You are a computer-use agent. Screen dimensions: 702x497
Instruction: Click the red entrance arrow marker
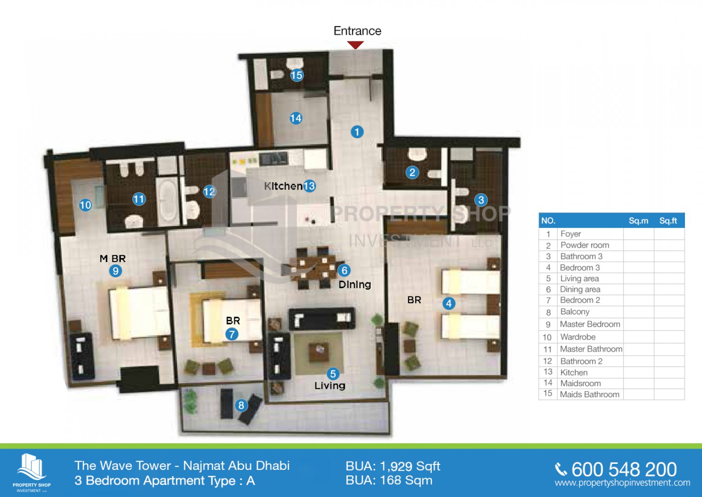355,46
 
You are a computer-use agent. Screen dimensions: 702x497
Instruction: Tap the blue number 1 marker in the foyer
357,132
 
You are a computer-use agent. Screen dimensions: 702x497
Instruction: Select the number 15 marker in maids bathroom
297,75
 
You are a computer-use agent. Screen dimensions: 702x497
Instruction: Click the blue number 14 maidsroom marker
296,118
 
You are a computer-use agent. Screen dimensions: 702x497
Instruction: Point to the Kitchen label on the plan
283,186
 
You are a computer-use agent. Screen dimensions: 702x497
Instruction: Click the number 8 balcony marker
241,405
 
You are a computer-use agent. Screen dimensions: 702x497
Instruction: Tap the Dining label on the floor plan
355,284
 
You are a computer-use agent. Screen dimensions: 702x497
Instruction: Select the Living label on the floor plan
330,386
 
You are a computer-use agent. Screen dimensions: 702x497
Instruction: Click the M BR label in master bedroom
113,259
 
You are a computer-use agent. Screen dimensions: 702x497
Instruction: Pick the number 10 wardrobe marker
85,205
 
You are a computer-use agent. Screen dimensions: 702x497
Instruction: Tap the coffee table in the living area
319,352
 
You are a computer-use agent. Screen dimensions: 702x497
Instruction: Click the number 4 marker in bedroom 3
449,303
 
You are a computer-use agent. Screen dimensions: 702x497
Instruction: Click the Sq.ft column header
668,221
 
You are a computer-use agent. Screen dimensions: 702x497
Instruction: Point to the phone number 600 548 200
624,469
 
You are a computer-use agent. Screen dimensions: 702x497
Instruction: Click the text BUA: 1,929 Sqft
393,466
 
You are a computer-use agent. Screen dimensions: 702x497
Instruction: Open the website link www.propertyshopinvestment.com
622,483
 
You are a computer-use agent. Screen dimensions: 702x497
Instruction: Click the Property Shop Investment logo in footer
31,473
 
